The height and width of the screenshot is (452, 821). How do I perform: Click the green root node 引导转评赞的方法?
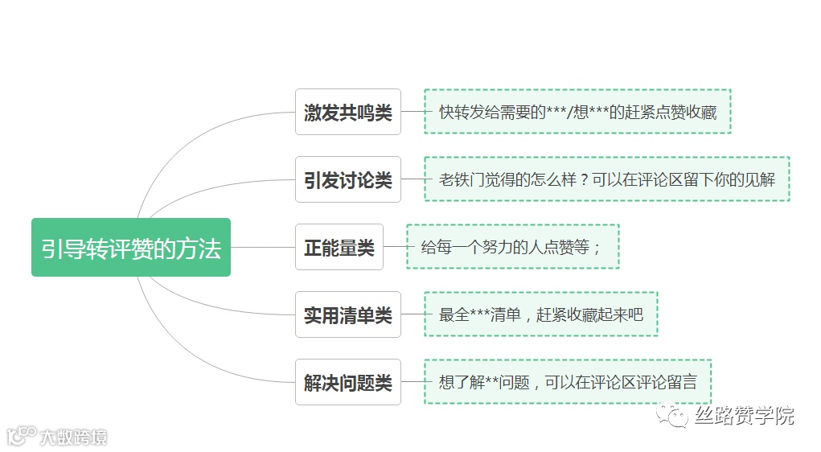131,248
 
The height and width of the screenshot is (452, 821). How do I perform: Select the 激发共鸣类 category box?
347,112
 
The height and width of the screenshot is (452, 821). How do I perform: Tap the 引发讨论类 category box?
347,179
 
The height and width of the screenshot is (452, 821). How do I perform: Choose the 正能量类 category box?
339,247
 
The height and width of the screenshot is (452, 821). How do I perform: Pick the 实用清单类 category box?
347,314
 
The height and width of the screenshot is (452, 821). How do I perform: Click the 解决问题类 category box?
347,382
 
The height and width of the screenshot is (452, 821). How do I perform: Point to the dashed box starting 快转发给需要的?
577,112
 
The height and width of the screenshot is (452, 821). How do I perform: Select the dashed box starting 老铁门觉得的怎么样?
606,179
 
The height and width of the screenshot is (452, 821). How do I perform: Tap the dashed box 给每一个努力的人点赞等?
512,247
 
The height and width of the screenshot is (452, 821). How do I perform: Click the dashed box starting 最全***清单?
540,314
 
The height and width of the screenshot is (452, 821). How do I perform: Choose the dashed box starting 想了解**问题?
568,382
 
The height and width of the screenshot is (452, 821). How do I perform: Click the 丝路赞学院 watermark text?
745,416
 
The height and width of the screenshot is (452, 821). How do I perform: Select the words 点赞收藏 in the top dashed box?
687,112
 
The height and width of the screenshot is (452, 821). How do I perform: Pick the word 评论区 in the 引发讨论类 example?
681,179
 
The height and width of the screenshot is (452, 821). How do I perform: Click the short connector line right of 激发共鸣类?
412,112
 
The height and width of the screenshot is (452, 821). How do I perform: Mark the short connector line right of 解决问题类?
412,382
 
